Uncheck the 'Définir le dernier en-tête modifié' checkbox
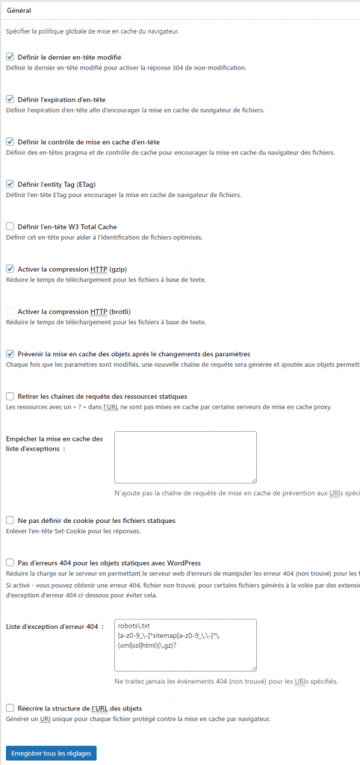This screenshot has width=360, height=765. tap(10, 57)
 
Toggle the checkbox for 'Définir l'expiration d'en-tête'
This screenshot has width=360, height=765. tap(10, 99)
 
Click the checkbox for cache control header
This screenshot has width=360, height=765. tap(10, 142)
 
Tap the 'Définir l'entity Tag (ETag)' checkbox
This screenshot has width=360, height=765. tap(10, 184)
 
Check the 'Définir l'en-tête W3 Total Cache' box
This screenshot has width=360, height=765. tap(10, 226)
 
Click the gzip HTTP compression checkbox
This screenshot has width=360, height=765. tap(10, 269)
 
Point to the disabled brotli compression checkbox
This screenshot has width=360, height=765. tap(10, 311)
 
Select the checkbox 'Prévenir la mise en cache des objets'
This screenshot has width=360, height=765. tap(10, 353)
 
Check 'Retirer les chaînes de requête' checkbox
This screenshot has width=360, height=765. tap(10, 396)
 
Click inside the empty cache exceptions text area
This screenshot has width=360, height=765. tap(185, 456)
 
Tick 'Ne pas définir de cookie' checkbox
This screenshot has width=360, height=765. tap(10, 520)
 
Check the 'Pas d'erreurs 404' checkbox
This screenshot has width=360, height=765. tap(10, 563)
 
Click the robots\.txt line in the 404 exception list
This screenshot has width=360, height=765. tap(134, 625)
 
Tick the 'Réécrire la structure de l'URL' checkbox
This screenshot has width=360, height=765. tap(10, 708)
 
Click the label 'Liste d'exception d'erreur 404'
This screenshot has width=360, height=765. tap(52, 626)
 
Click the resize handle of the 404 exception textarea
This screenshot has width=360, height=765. tap(253, 667)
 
